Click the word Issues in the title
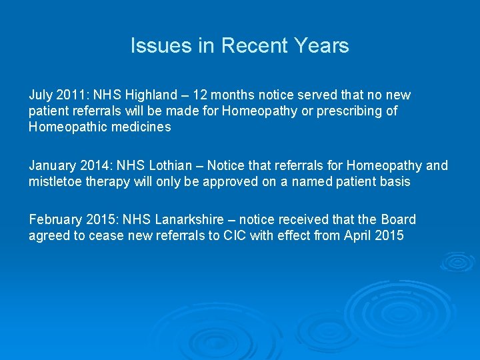152,46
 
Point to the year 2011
69,95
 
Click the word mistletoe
55,182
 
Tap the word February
55,220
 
